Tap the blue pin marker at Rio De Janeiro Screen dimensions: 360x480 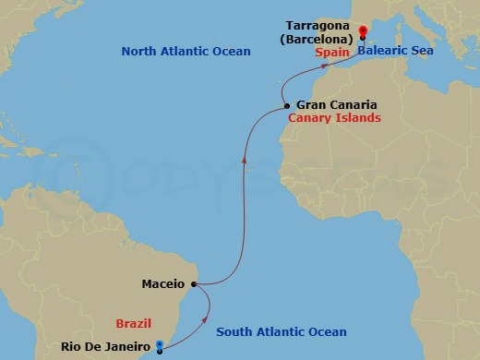tap(160, 346)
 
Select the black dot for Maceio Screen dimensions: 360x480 tap(193, 284)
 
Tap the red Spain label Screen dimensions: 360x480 tap(331, 54)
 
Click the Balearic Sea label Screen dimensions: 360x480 tap(399, 54)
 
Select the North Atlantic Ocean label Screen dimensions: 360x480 tap(186, 52)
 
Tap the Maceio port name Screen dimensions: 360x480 tap(164, 284)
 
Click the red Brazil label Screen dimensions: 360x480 tap(133, 323)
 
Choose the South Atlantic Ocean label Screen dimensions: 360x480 tap(281, 332)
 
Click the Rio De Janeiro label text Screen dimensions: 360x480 tap(105, 347)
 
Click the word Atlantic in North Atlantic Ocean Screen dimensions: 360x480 tap(192, 52)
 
